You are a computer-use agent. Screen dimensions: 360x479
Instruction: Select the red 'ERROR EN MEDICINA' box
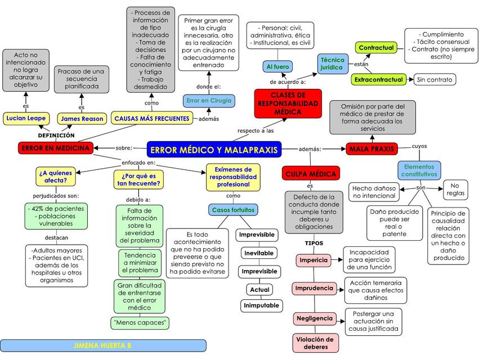[x=55, y=148]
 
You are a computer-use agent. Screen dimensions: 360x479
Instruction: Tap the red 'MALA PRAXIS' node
[x=371, y=148]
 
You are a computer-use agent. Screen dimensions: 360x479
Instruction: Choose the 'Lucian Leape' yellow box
[x=25, y=118]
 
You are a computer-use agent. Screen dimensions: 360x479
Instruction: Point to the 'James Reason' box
[x=82, y=119]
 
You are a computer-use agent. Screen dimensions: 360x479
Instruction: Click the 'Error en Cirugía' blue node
[x=209, y=100]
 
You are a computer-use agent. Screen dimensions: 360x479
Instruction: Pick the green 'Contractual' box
[x=376, y=48]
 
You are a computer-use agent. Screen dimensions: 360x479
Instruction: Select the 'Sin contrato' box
[x=435, y=80]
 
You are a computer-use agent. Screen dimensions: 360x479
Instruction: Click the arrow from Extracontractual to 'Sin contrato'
[x=411, y=80]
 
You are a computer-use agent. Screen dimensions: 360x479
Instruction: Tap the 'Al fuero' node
[x=277, y=67]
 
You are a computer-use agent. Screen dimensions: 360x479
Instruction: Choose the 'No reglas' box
[x=455, y=190]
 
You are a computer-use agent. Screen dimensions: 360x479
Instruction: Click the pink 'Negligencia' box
[x=314, y=318]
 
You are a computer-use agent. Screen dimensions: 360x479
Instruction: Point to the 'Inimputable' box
[x=261, y=305]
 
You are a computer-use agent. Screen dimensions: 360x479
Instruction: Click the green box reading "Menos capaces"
[x=141, y=322]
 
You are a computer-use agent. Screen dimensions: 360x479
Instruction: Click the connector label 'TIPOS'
[x=314, y=244]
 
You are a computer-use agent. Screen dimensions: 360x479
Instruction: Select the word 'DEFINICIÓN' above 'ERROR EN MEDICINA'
[x=56, y=136]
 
